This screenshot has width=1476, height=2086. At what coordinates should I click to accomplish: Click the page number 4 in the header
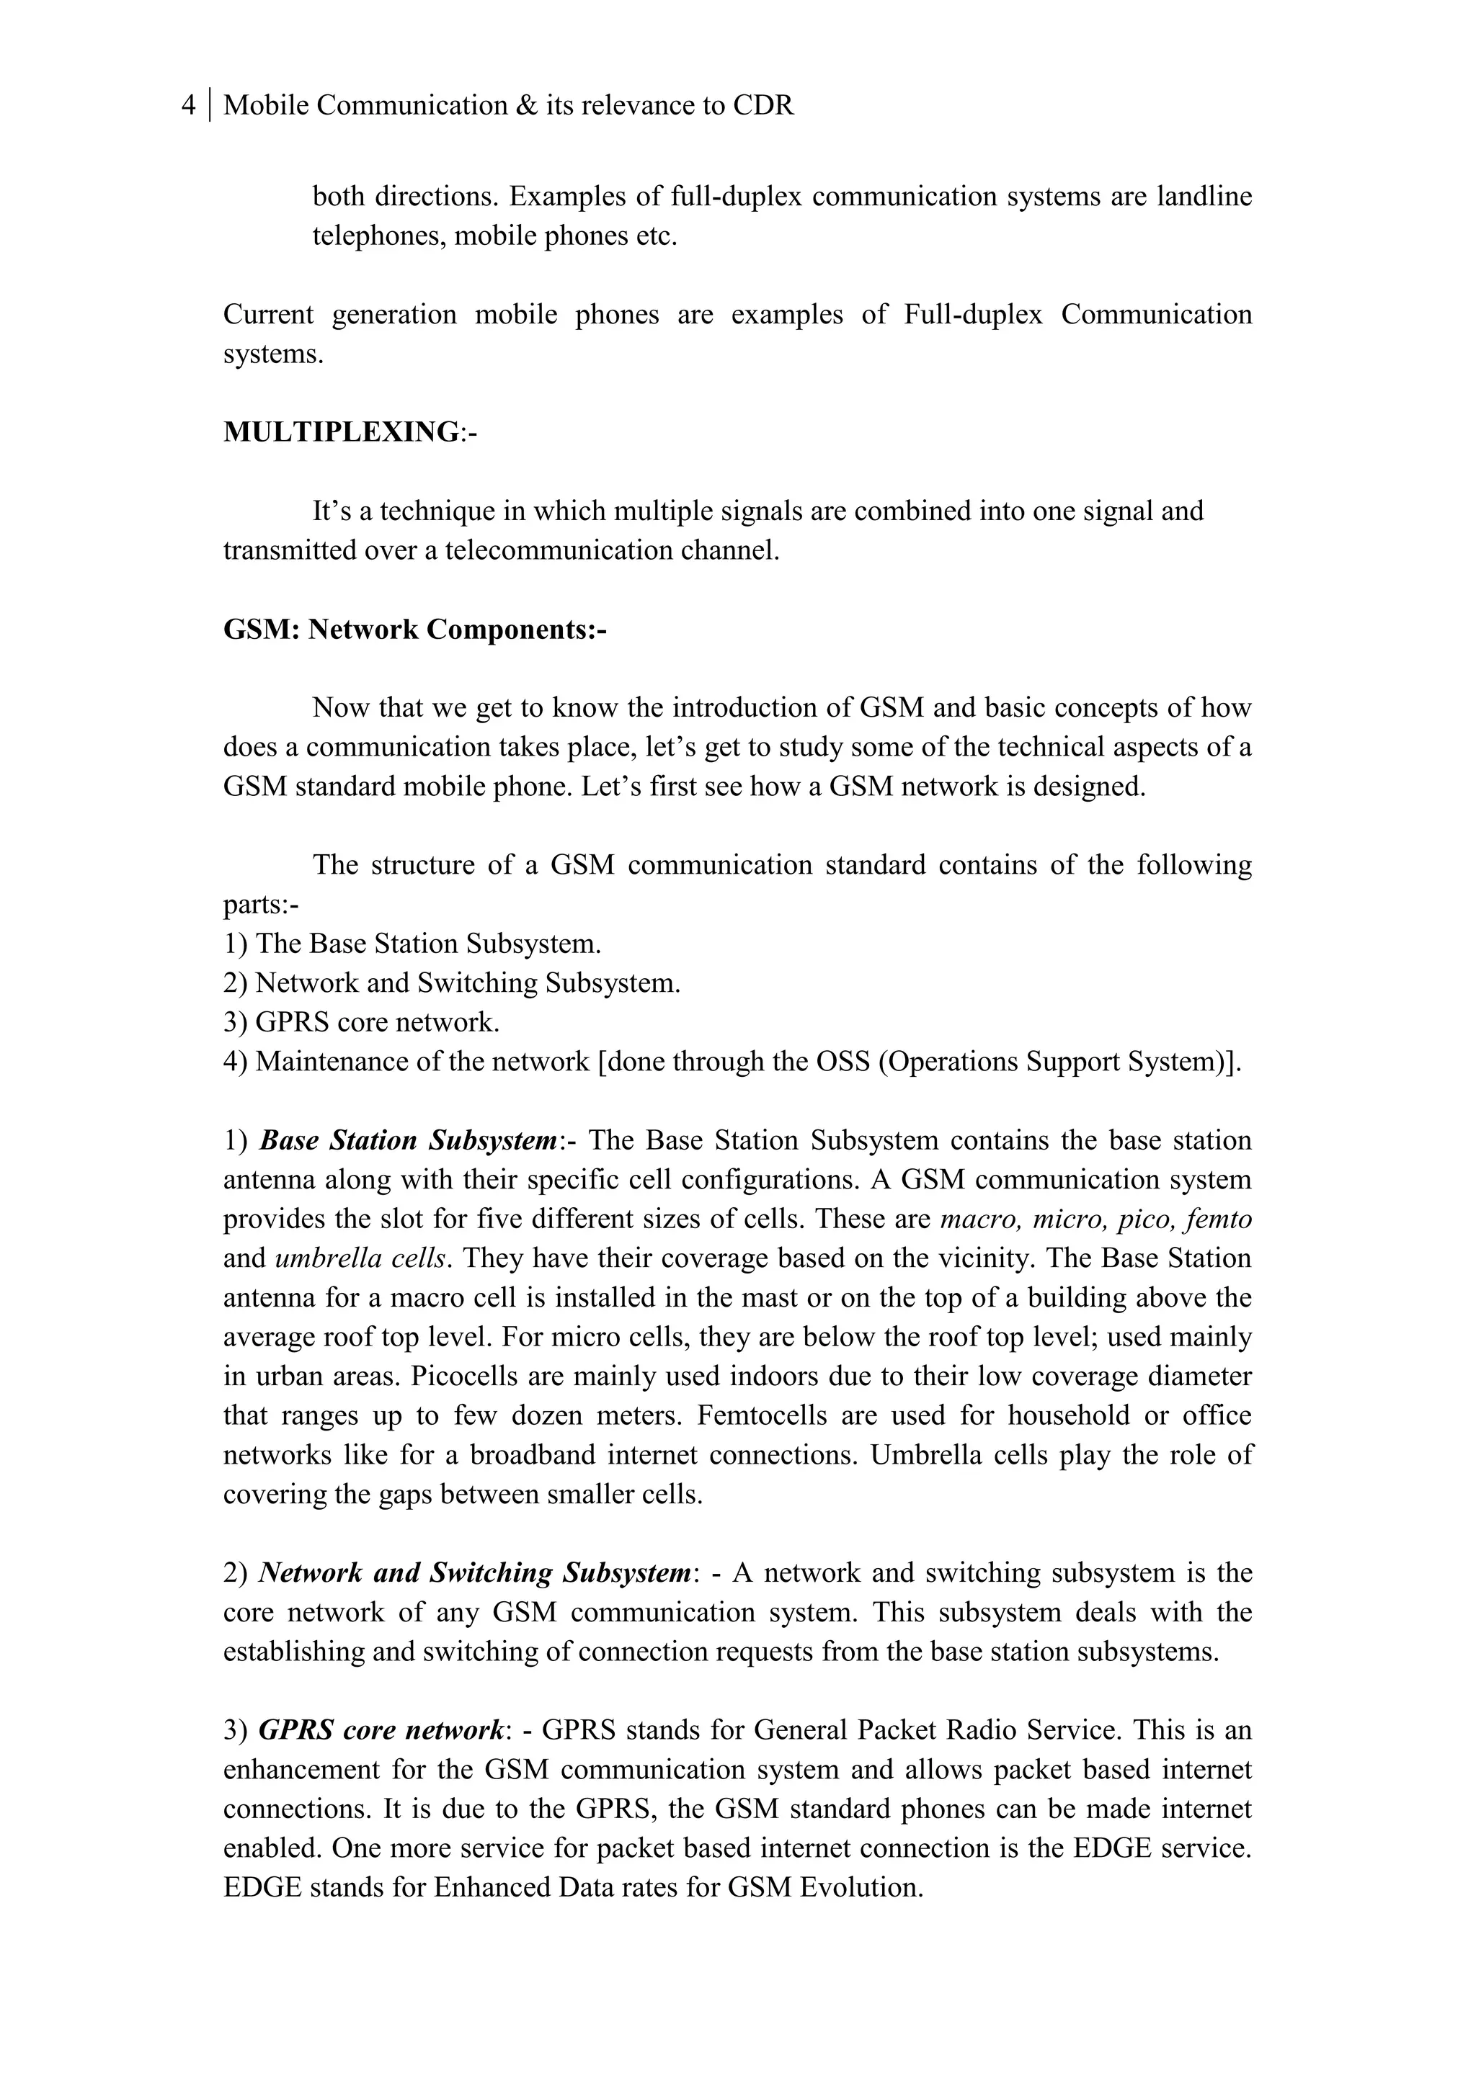tap(188, 105)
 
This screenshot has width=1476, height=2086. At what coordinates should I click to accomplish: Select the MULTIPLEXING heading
tap(342, 431)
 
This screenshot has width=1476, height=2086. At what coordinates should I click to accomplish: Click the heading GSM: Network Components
tap(414, 629)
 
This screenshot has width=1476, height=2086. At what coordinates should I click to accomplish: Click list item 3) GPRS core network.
tap(362, 1022)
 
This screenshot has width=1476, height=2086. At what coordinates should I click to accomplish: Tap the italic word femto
tap(1219, 1219)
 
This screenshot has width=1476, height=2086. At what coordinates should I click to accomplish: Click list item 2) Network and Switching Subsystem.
tap(452, 983)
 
